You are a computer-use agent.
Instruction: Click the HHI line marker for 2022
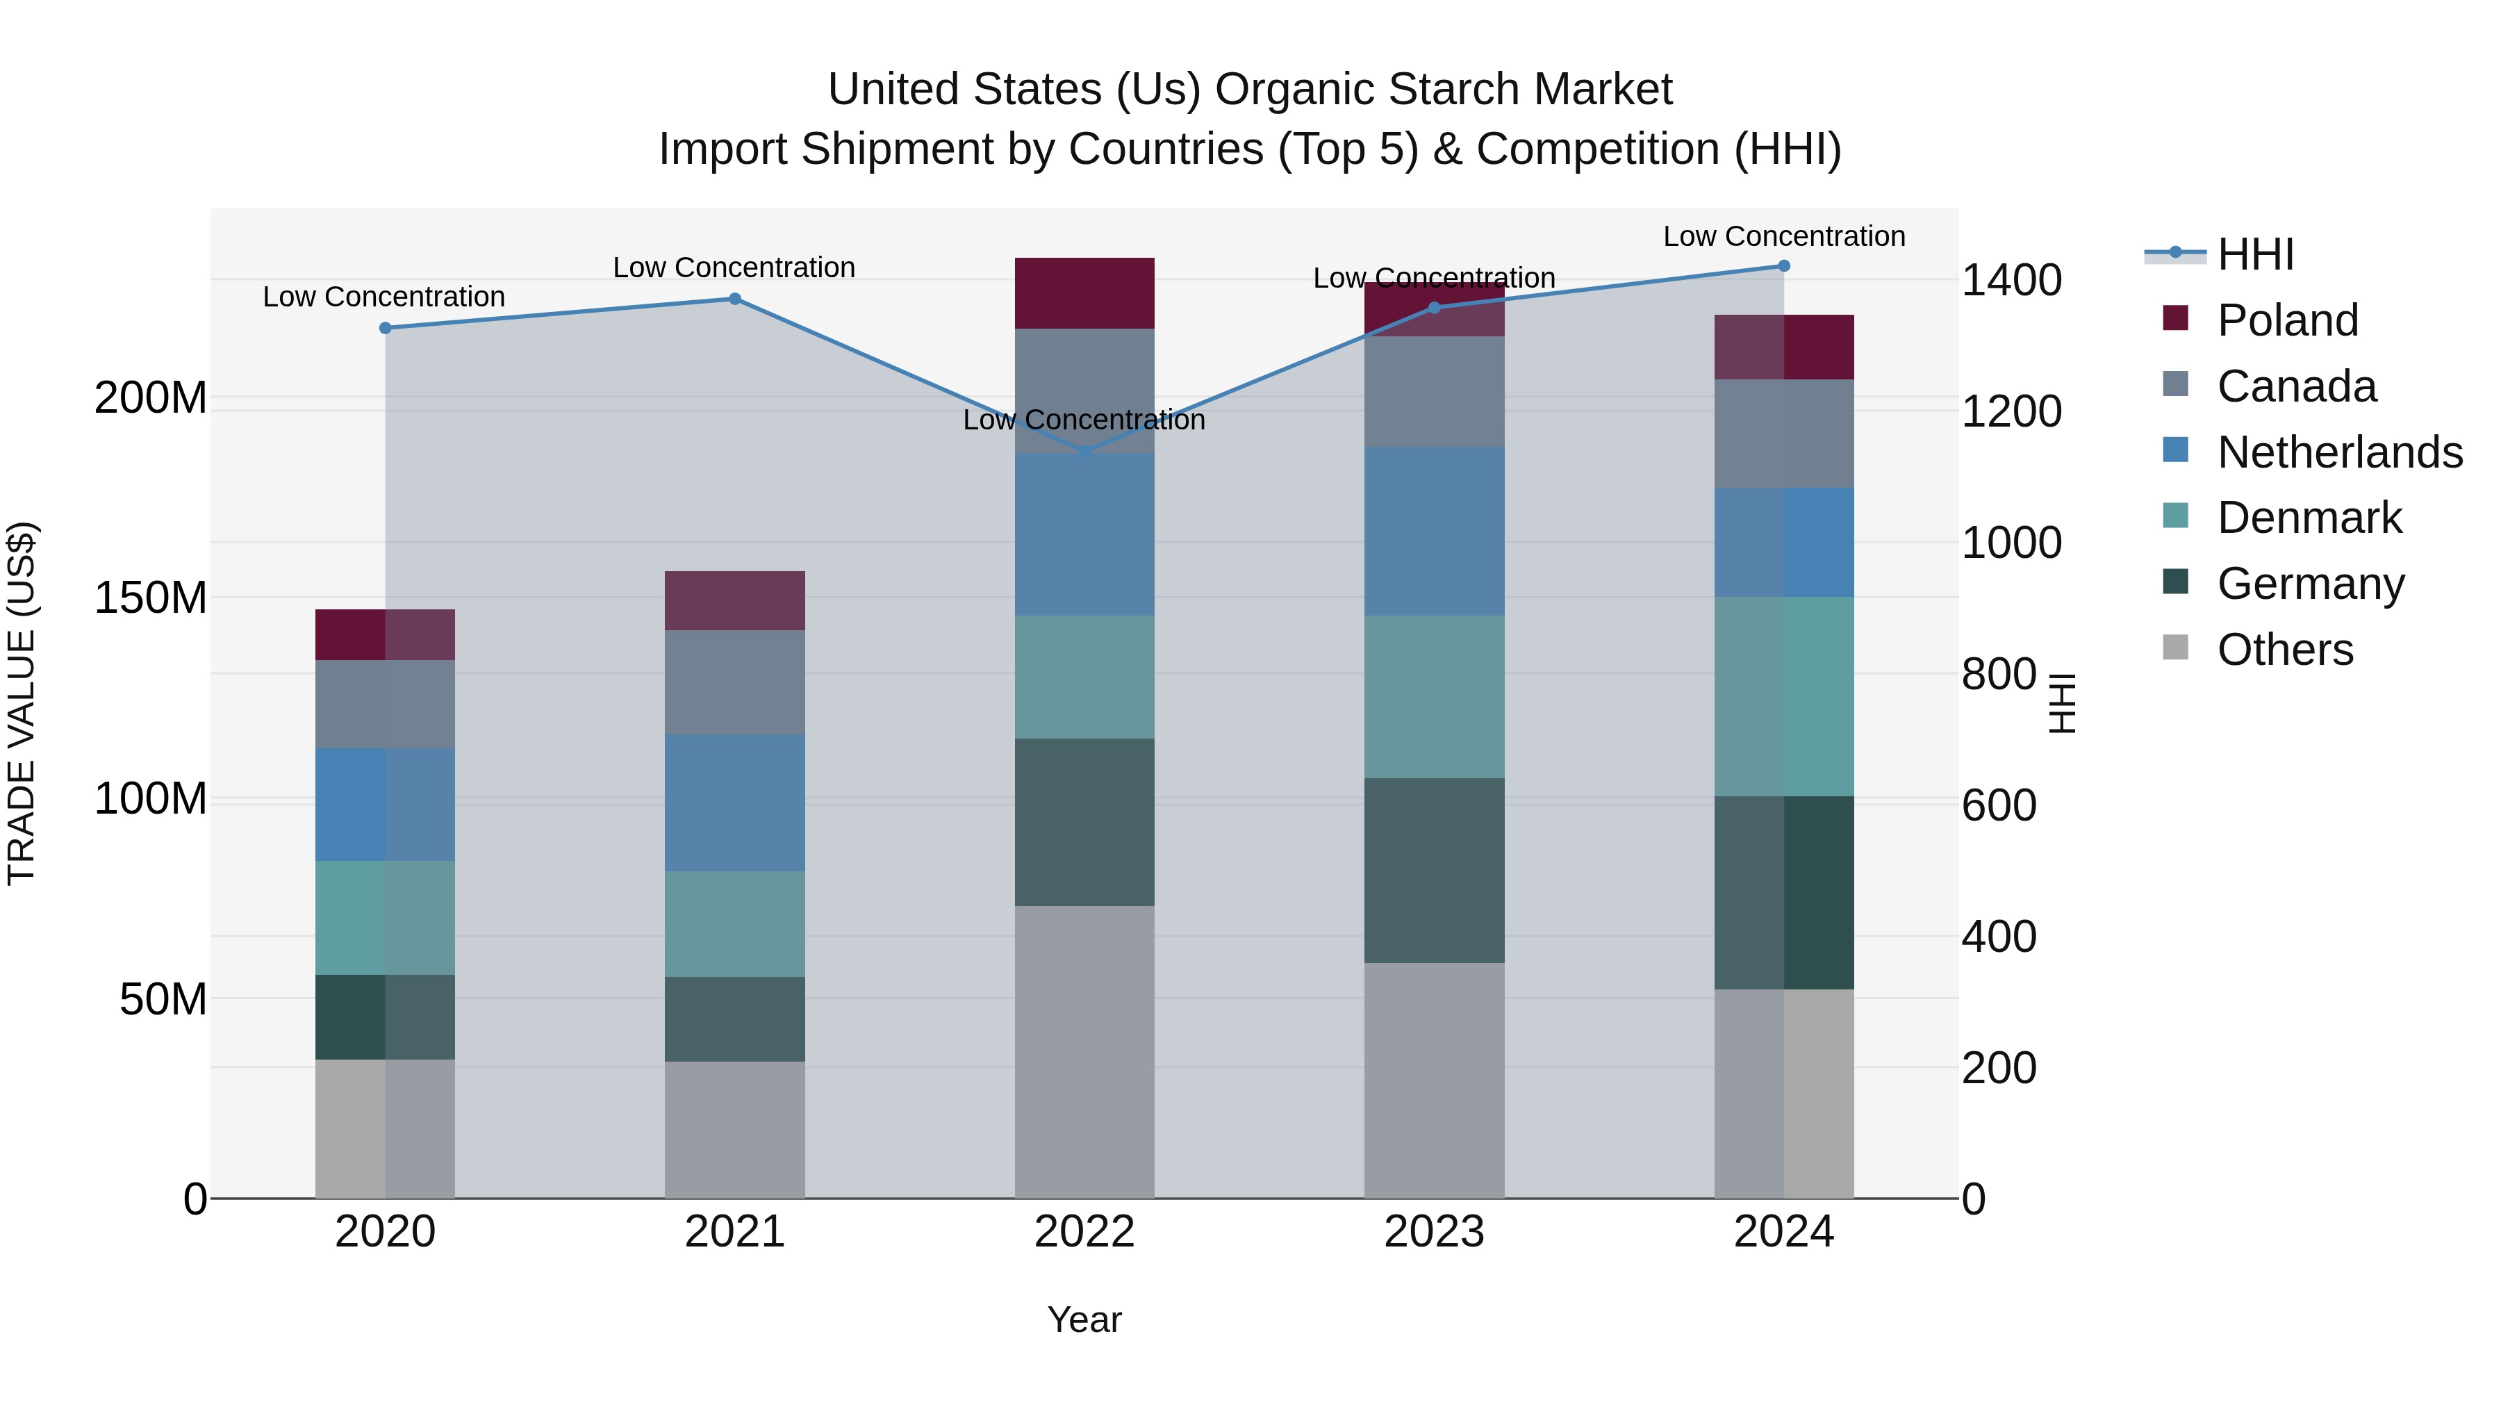pos(1084,452)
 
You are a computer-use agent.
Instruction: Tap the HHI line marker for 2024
pos(1783,266)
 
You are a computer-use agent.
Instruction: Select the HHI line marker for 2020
pos(386,328)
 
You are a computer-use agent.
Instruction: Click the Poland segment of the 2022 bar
pos(1084,293)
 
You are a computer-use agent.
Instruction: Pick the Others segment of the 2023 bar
pos(1434,1080)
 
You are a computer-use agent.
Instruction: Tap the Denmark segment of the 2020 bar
pos(386,918)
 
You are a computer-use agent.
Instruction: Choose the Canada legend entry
pos(2296,386)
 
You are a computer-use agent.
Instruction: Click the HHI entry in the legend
pos(2255,254)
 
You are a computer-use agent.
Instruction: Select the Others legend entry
pos(2284,650)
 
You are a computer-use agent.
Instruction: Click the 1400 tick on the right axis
pos(2011,281)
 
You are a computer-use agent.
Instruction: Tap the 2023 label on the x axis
pos(1434,1232)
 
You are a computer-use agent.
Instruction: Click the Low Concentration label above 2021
pos(734,268)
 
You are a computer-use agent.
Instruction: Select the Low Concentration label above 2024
pos(1783,237)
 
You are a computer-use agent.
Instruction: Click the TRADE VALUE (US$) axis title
pos(22,703)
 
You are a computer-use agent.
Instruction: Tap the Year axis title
pos(1084,1319)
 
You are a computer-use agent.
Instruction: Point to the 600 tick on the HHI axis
pos(1999,806)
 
